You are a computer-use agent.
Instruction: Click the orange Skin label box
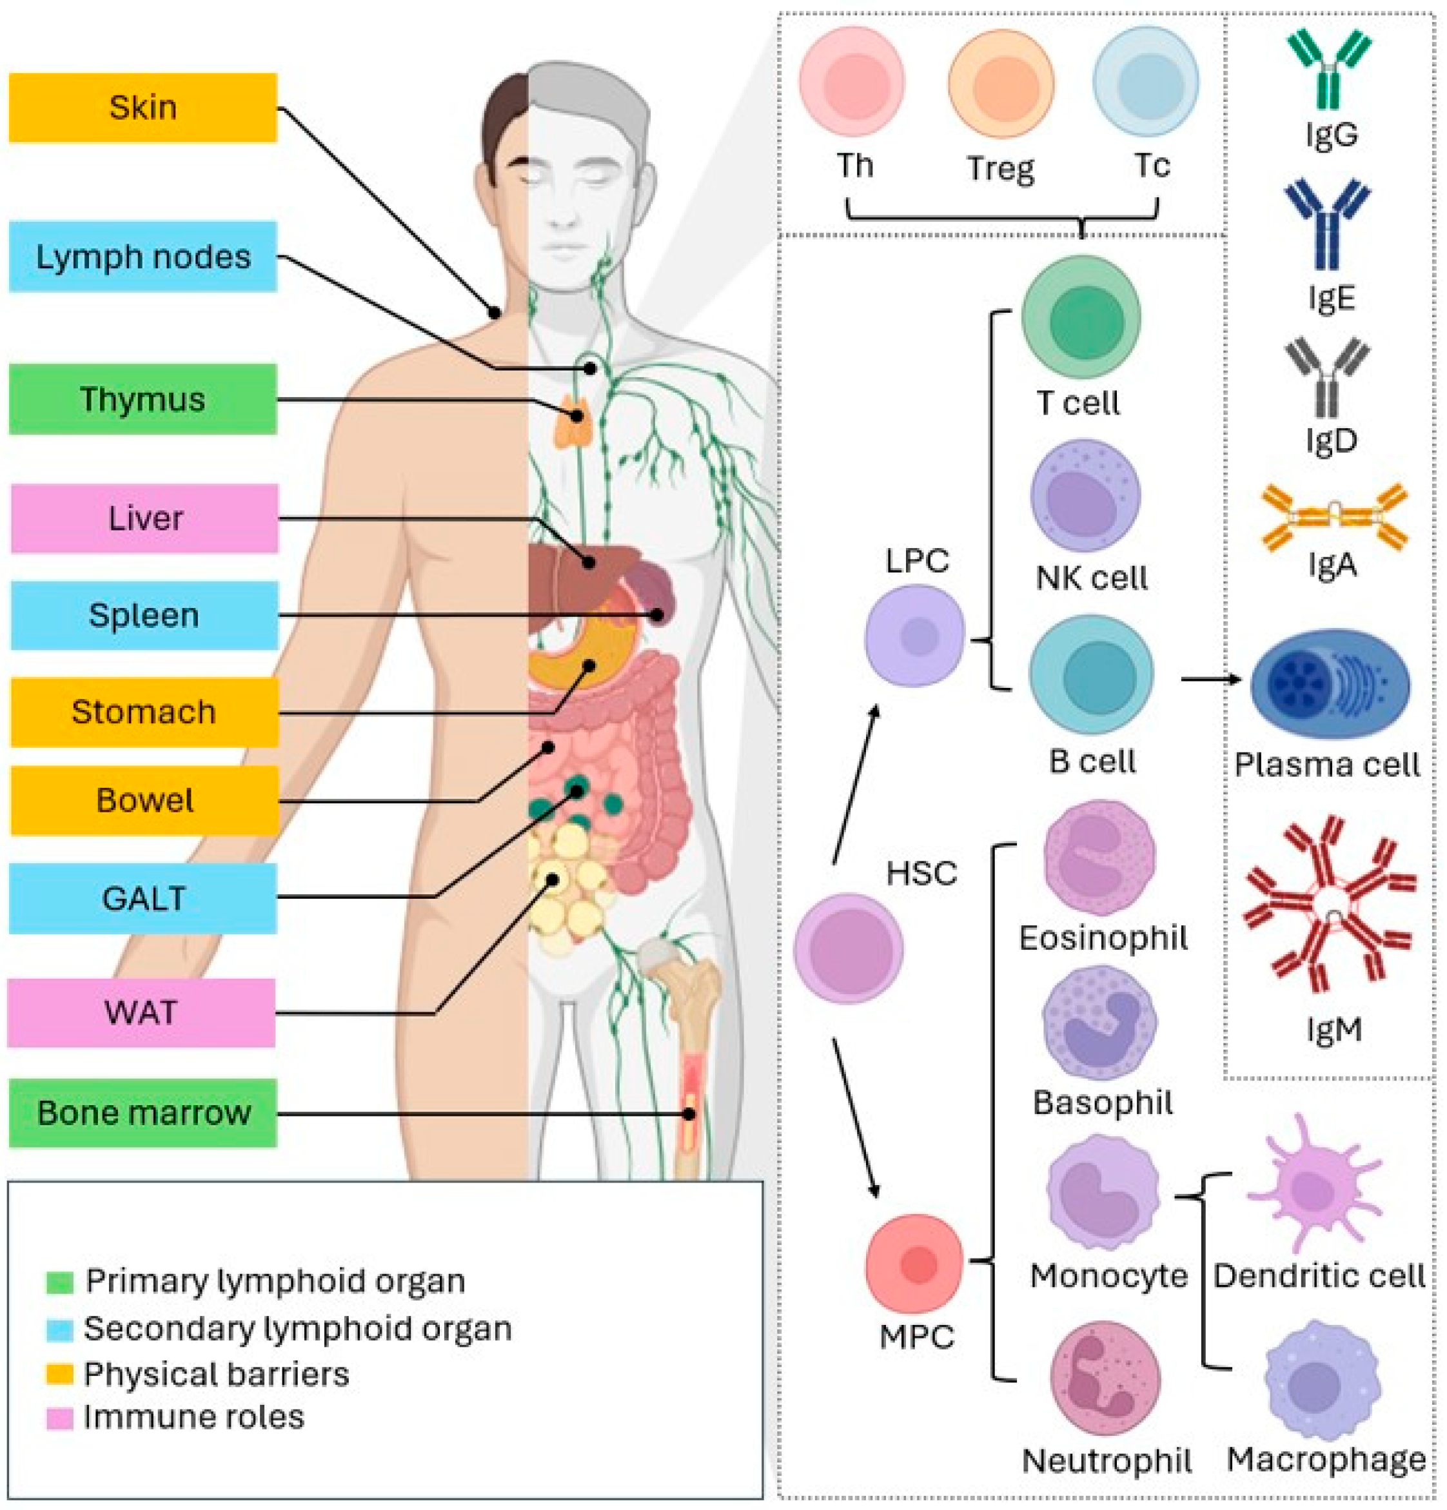coord(143,108)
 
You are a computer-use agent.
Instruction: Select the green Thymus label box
coord(143,399)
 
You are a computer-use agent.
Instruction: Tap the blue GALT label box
coord(143,898)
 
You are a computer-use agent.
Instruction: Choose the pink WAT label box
coord(141,1012)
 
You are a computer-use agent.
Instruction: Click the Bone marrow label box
coord(143,1112)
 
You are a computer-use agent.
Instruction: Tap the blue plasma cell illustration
coord(1329,684)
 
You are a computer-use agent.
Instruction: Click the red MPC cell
coord(914,1264)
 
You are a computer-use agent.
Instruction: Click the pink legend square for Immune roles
coord(59,1419)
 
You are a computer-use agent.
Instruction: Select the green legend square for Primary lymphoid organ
coord(59,1282)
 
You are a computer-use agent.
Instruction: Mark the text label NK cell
coord(1091,578)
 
